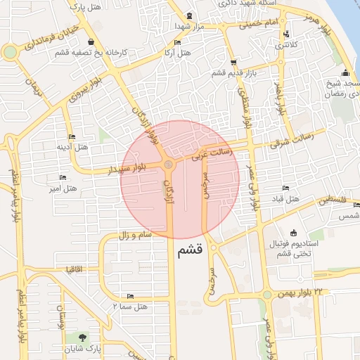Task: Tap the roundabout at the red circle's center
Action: [169, 165]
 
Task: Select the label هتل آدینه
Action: [73, 147]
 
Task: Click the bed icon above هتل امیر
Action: [63, 177]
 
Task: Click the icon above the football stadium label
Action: [293, 232]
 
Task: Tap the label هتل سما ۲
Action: [129, 307]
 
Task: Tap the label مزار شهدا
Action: [189, 25]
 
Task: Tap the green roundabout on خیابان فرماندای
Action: [10, 51]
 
